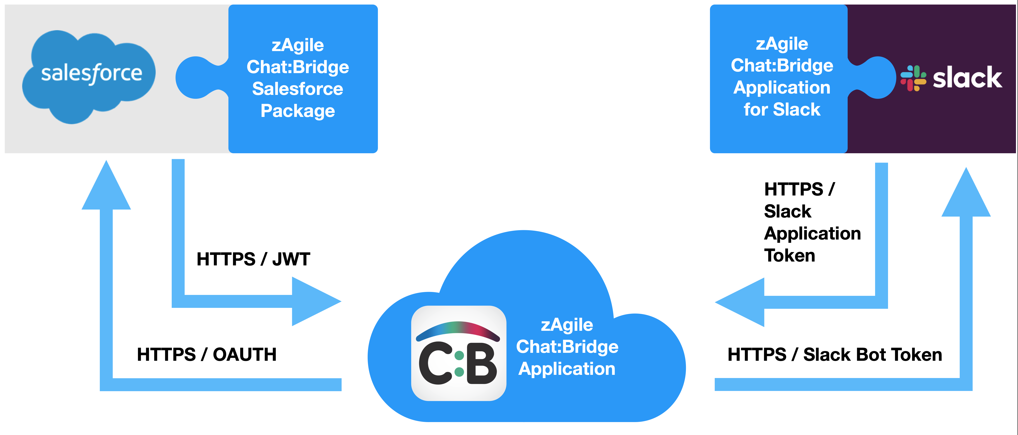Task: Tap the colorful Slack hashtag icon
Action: [x=913, y=78]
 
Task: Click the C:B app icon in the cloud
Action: [x=458, y=353]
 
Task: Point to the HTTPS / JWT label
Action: [x=253, y=260]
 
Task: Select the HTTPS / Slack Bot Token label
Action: [x=835, y=354]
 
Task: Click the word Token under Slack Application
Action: [x=789, y=255]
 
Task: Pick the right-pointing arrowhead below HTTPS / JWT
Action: [x=314, y=301]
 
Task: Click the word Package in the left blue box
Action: [x=298, y=111]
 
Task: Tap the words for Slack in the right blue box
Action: [x=782, y=109]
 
